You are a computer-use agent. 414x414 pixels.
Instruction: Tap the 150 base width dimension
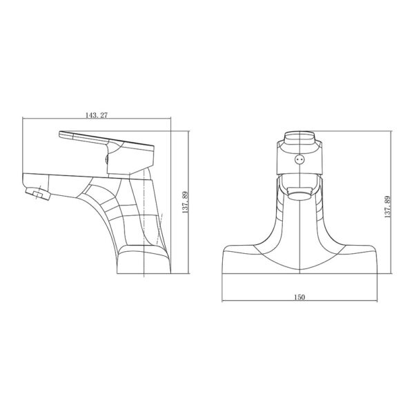pos(299,297)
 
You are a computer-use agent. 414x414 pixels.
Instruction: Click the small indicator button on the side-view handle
pos(106,160)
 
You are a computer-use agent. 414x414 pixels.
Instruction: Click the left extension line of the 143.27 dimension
pos(23,145)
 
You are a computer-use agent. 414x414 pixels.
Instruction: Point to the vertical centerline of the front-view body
pos(299,228)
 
